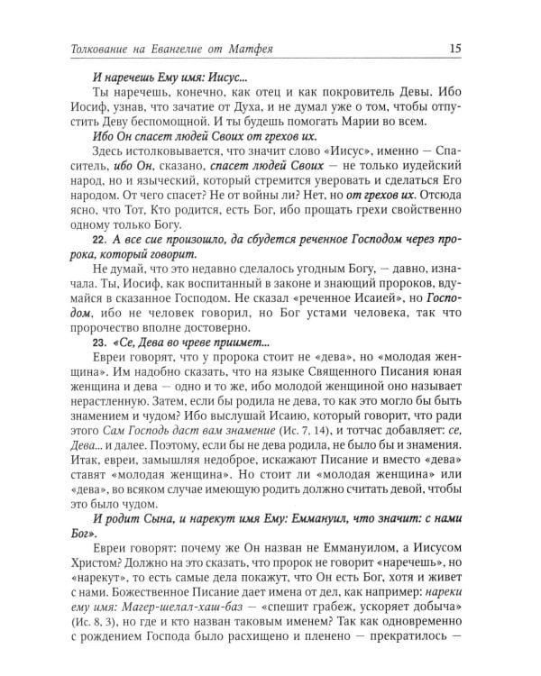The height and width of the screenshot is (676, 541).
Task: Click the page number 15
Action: pyautogui.click(x=482, y=48)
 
